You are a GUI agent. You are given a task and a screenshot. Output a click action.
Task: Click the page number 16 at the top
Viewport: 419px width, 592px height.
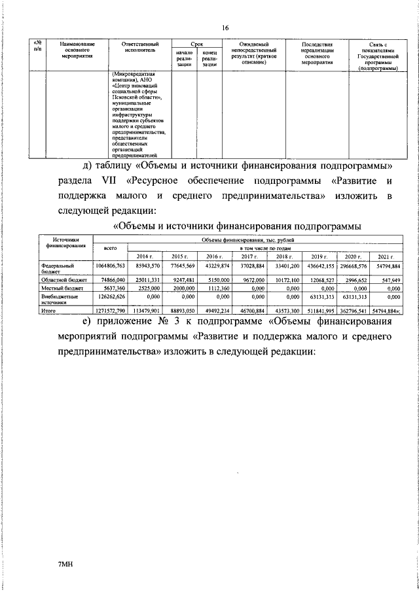(225, 28)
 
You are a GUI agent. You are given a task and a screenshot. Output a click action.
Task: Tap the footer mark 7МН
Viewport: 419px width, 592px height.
(64, 563)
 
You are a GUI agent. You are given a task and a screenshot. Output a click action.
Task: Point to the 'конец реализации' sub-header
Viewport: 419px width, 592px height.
(209, 58)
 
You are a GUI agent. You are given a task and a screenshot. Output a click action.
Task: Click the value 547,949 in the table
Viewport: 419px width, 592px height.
(389, 278)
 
